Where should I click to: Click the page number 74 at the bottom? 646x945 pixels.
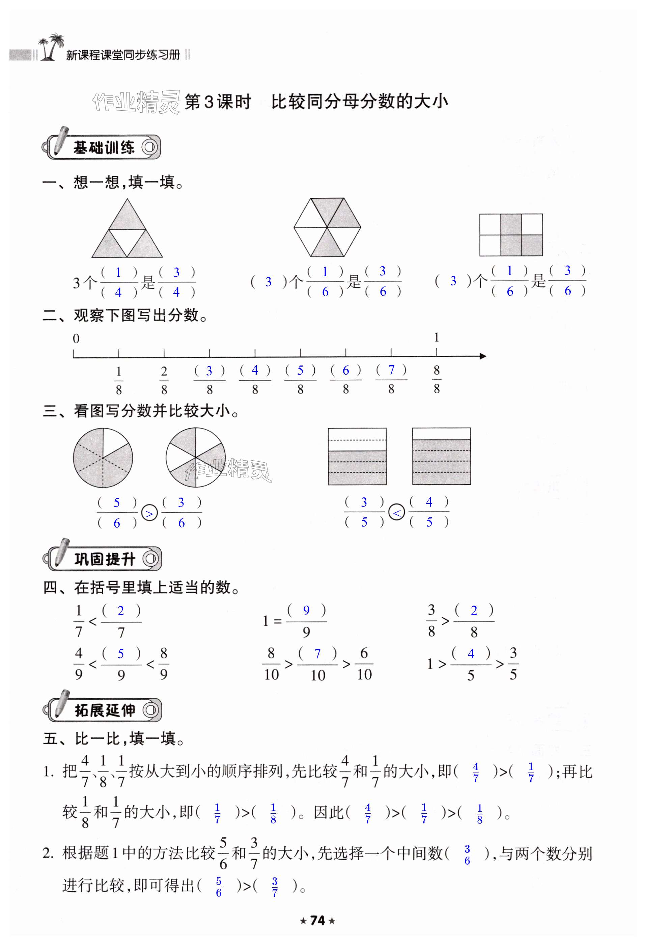click(317, 920)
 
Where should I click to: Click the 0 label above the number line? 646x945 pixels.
click(76, 339)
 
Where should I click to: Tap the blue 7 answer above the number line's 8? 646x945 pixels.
click(391, 370)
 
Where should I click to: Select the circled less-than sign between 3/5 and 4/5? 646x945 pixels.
click(397, 513)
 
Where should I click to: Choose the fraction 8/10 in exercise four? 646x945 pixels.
click(271, 664)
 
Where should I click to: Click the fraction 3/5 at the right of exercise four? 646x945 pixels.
click(513, 664)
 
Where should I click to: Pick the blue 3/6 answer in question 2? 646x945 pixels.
click(467, 855)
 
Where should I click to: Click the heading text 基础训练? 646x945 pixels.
click(104, 147)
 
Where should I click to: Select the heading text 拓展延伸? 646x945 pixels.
click(105, 710)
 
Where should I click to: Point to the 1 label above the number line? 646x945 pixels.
click(436, 337)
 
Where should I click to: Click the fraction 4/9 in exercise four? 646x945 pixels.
click(79, 664)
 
